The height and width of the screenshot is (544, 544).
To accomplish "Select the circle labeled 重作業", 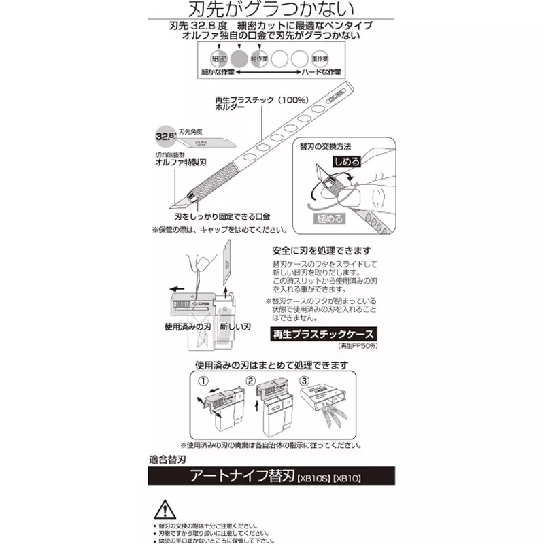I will tap(321, 58).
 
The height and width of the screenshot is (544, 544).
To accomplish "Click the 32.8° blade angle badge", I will tap(165, 136).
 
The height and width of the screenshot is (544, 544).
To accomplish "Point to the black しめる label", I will tap(346, 162).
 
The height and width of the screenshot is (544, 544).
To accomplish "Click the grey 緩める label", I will tap(328, 219).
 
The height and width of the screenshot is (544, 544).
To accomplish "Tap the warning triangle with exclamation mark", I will tap(165, 511).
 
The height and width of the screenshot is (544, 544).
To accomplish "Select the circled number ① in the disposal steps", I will tap(201, 380).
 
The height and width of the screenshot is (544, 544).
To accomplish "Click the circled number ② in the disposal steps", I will tap(250, 380).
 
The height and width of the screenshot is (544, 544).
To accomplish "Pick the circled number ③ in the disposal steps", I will tap(304, 380).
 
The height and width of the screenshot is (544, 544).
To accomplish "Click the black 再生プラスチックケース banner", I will tap(324, 335).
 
